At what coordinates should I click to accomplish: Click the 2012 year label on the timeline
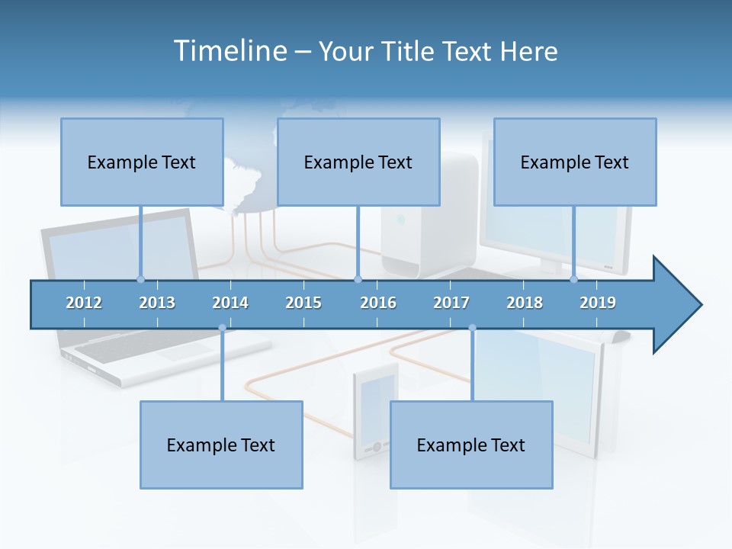(84, 303)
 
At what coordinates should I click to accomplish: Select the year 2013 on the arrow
(157, 303)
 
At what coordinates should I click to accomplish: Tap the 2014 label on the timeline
(230, 303)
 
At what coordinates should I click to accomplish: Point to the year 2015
(303, 303)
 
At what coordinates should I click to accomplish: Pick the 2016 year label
(378, 303)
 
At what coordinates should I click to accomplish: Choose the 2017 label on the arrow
(451, 303)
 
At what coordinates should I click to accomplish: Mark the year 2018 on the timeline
(525, 303)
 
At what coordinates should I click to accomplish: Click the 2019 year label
(598, 303)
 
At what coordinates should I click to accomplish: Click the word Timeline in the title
(230, 51)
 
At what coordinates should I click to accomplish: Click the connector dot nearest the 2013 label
(140, 279)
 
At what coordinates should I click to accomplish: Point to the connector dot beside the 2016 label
(358, 279)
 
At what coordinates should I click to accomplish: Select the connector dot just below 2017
(472, 328)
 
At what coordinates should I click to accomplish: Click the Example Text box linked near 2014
(221, 445)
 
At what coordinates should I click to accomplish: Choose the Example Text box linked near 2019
(575, 162)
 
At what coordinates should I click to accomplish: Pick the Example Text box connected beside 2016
(358, 162)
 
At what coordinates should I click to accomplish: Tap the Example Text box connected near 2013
(142, 162)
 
